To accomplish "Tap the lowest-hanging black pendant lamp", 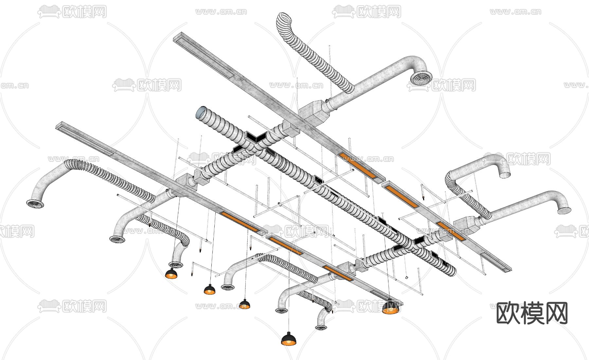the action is click(289, 339).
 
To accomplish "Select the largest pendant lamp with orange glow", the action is click(391, 308).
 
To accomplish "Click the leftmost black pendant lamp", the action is click(171, 274).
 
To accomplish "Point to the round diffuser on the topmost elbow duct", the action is click(420, 79).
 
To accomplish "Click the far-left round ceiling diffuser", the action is click(35, 204).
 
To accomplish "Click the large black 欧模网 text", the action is click(532, 313).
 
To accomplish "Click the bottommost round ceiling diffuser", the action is click(321, 327).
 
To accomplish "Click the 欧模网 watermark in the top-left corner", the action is click(72, 12).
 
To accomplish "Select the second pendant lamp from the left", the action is click(209, 290).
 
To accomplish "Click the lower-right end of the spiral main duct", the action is click(450, 269).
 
